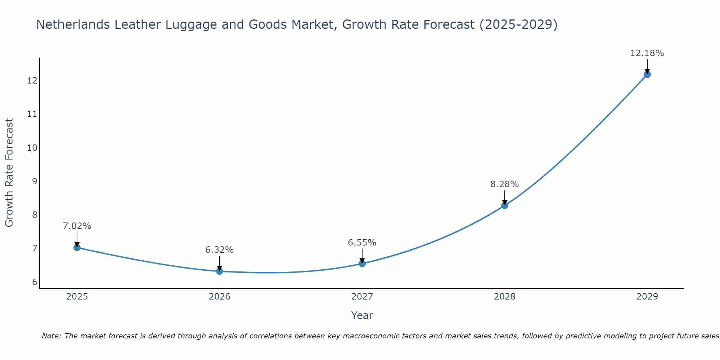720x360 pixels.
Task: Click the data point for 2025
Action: pos(77,247)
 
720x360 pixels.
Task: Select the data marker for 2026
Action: pos(220,271)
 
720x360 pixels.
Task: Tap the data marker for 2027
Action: pos(362,264)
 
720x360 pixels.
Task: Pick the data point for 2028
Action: pos(505,205)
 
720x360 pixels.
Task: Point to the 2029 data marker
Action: pos(647,74)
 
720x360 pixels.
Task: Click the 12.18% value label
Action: pos(647,53)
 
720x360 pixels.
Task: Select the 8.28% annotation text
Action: pos(504,184)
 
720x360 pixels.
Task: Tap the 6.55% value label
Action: pos(362,243)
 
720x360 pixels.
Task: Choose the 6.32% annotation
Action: pos(220,250)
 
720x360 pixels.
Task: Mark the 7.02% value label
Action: pos(77,226)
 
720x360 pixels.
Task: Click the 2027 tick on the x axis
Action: pos(362,297)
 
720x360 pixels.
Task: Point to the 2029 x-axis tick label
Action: pos(647,297)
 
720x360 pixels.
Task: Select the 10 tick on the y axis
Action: pos(32,148)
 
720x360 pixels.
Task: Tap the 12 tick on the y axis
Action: pos(32,80)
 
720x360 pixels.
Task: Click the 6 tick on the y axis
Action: pos(35,282)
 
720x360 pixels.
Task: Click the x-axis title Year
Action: pos(362,315)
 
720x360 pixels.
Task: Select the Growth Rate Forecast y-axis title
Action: pos(9,173)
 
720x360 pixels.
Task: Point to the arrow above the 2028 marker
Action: pos(505,197)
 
